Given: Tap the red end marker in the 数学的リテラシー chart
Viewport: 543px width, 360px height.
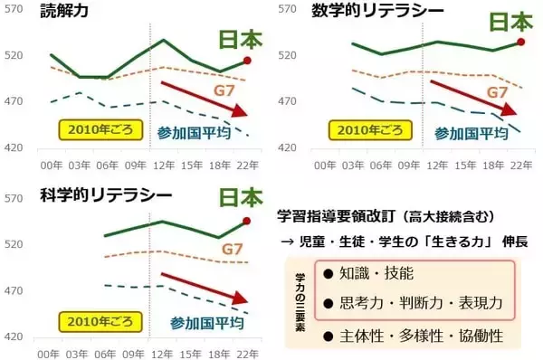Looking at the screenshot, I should (x=520, y=42).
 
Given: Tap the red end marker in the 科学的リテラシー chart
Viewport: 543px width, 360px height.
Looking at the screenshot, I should (x=247, y=222).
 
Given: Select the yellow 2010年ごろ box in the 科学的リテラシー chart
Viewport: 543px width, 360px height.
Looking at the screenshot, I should (x=96, y=320).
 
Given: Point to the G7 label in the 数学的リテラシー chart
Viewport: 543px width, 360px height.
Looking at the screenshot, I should (x=498, y=92).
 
